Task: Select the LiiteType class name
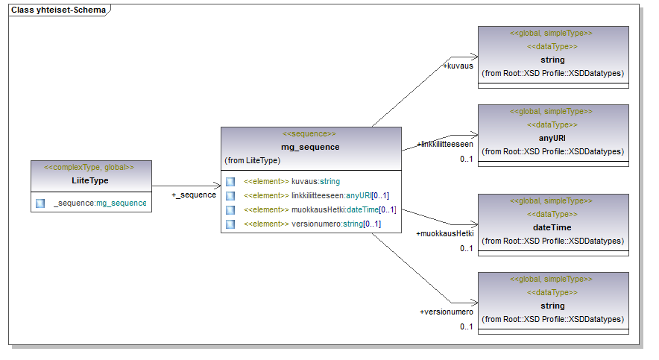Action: (90, 181)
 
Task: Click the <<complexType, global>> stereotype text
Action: (90, 168)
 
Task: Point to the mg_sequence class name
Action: (310, 147)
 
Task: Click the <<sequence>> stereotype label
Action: (310, 134)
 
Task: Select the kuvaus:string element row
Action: (291, 181)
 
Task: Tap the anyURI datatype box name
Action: (552, 138)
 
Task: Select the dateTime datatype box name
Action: (552, 227)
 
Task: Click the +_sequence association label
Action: (194, 195)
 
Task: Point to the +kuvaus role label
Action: (458, 66)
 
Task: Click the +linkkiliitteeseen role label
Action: (445, 144)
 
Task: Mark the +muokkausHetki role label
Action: (444, 233)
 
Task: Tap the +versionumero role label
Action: (447, 312)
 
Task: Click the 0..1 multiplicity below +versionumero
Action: (467, 326)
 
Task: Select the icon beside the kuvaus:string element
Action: (230, 181)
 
